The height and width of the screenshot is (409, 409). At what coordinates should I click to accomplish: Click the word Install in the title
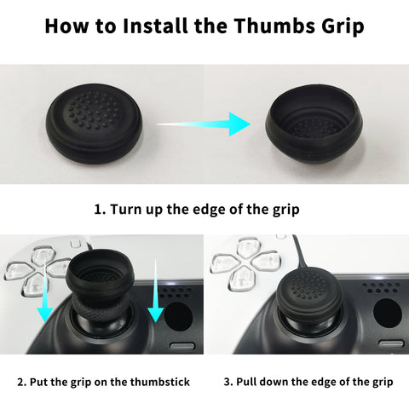pyautogui.click(x=156, y=26)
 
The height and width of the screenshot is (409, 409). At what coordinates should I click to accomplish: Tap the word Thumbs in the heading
pyautogui.click(x=274, y=26)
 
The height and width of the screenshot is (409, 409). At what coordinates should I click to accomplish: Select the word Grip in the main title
pyautogui.click(x=343, y=27)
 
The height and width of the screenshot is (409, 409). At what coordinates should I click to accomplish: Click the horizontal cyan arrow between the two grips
pyautogui.click(x=204, y=124)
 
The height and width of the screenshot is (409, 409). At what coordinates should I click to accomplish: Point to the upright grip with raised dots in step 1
pyautogui.click(x=94, y=124)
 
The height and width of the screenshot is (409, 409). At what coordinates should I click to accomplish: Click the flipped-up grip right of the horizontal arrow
pyautogui.click(x=314, y=124)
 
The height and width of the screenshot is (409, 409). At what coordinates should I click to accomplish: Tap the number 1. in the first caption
pyautogui.click(x=100, y=210)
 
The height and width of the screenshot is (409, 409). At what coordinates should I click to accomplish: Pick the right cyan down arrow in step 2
pyautogui.click(x=156, y=291)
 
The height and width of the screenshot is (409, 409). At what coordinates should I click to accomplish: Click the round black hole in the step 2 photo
pyautogui.click(x=178, y=316)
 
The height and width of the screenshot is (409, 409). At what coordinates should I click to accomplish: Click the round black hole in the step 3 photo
pyautogui.click(x=388, y=313)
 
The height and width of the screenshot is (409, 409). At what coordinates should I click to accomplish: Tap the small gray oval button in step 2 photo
pyautogui.click(x=182, y=347)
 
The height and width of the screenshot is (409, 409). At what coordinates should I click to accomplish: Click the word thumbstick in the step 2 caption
pyautogui.click(x=160, y=382)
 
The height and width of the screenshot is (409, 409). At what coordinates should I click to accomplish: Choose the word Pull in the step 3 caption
pyautogui.click(x=246, y=382)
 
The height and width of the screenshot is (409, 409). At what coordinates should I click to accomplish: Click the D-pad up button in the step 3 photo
pyautogui.click(x=248, y=247)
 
